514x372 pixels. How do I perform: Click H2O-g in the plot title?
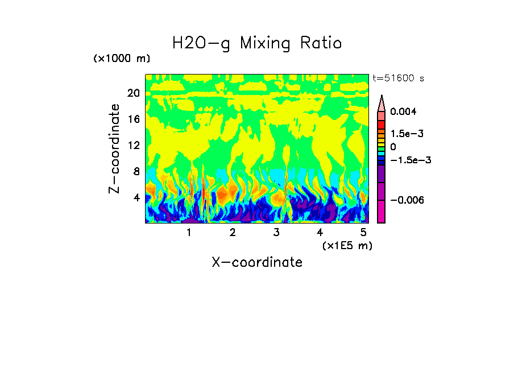pos(201,43)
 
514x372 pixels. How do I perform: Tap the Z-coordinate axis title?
pos(115,148)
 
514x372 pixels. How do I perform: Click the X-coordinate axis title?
pos(257,262)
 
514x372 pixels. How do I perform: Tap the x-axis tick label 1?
pos(189,233)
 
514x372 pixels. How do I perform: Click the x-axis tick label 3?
pos(276,233)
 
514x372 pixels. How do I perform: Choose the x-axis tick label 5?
pos(363,233)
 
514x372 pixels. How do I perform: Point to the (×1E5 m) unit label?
pos(347,246)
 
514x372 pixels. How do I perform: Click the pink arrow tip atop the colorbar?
pos(382,102)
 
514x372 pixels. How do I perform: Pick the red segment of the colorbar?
pos(382,125)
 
